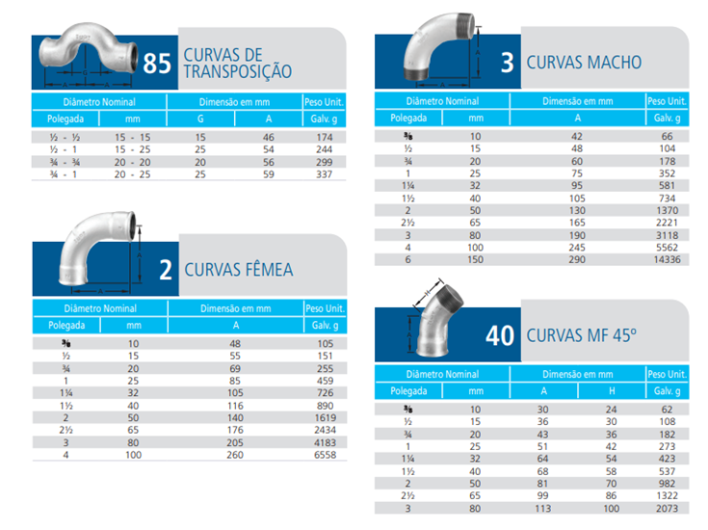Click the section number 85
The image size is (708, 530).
[x=156, y=65]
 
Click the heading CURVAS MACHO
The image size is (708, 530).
[x=584, y=63]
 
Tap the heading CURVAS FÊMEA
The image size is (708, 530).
[x=238, y=270]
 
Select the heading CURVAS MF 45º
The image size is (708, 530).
[x=581, y=336]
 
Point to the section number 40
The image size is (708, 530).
[x=501, y=336]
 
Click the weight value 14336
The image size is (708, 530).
[x=668, y=259]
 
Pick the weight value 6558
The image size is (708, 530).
[x=326, y=455]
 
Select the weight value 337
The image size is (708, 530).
[x=326, y=174]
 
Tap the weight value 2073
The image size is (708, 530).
[x=668, y=507]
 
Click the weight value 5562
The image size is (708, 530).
[x=668, y=247]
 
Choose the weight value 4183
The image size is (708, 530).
[x=326, y=442]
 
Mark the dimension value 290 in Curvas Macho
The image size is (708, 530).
[x=578, y=259]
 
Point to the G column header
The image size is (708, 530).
[x=200, y=119]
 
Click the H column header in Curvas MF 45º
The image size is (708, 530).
[x=612, y=391]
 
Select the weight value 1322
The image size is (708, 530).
[x=668, y=494]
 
